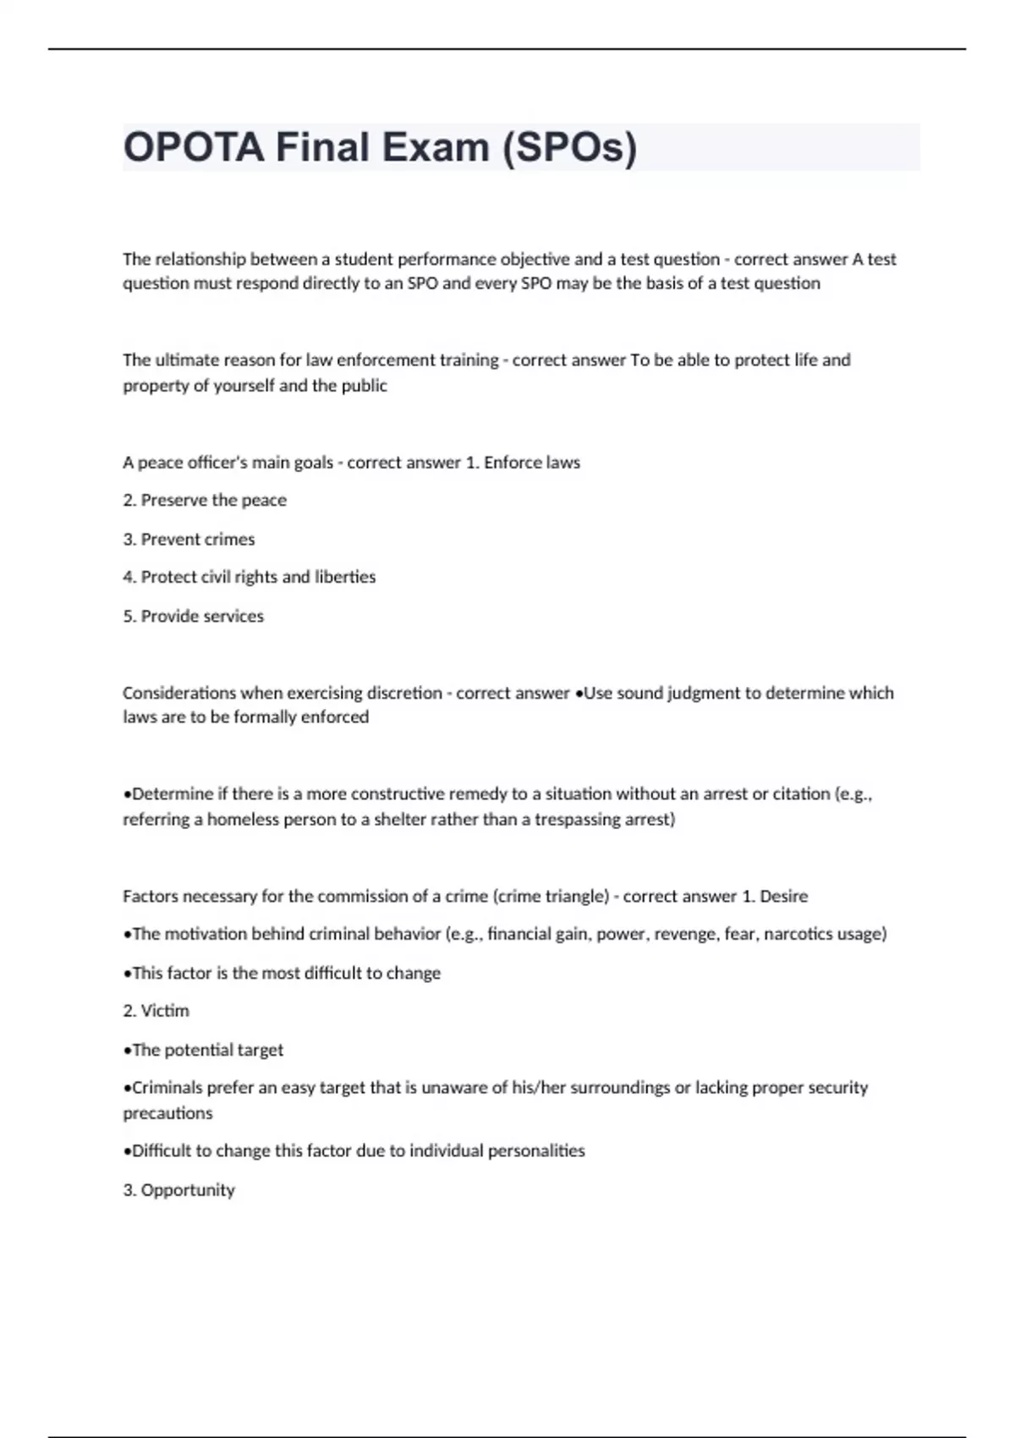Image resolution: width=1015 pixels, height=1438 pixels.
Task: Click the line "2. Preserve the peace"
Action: click(x=205, y=500)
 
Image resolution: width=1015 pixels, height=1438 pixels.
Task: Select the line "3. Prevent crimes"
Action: click(x=189, y=539)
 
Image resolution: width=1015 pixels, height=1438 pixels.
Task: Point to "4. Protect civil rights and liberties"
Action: click(x=249, y=577)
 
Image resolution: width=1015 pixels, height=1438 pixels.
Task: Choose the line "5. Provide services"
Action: click(x=193, y=616)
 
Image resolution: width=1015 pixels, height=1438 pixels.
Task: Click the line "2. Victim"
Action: click(x=156, y=1011)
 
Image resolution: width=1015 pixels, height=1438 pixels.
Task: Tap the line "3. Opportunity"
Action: click(x=178, y=1189)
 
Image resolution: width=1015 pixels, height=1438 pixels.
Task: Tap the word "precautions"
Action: click(x=167, y=1113)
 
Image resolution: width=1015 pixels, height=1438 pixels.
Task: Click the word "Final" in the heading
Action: click(x=323, y=148)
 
